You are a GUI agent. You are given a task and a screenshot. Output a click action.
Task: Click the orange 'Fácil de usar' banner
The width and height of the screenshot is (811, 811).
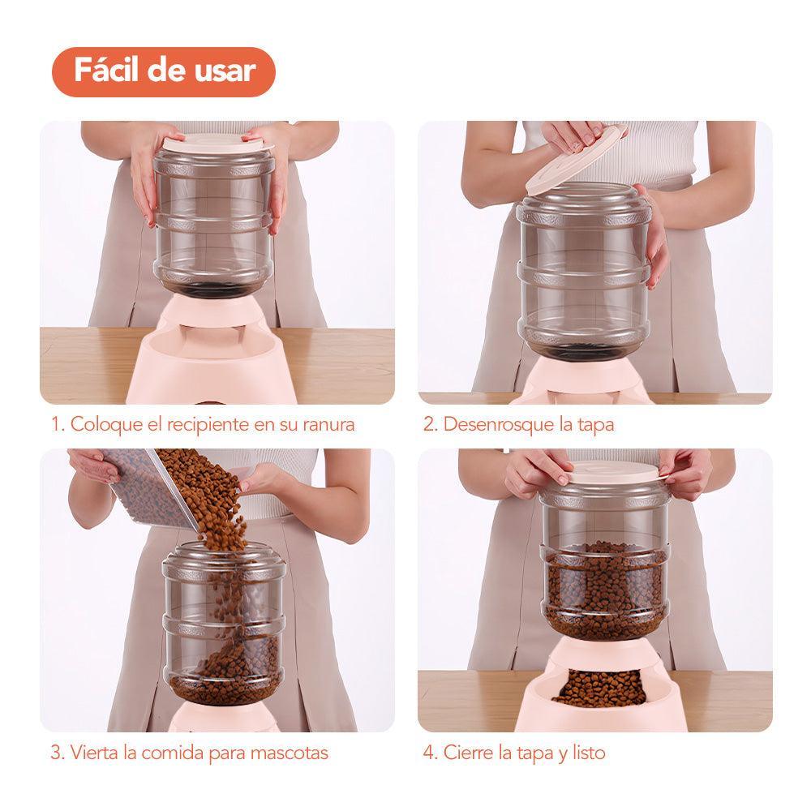tap(164, 72)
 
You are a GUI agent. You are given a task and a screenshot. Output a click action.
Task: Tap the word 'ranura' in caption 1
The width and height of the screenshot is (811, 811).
tap(328, 425)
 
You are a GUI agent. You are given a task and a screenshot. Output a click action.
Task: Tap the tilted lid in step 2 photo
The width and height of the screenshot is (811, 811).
tap(576, 159)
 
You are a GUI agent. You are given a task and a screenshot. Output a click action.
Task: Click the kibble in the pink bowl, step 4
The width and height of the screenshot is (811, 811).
tap(600, 688)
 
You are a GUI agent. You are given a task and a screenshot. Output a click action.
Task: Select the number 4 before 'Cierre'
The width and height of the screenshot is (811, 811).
tap(431, 753)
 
